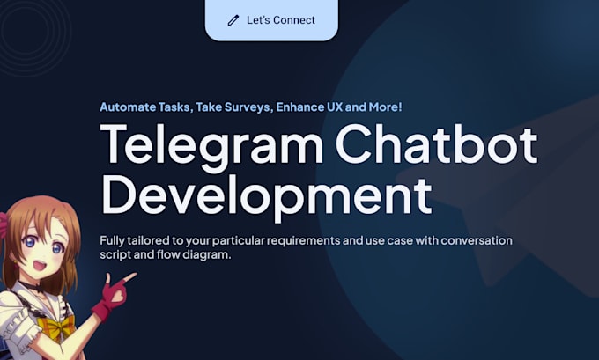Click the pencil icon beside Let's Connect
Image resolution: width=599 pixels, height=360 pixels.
pos(233,20)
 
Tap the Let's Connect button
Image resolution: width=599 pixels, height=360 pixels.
pos(271,20)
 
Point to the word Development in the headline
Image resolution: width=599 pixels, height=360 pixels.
pos(266,195)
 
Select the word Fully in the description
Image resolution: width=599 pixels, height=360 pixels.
pos(115,241)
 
